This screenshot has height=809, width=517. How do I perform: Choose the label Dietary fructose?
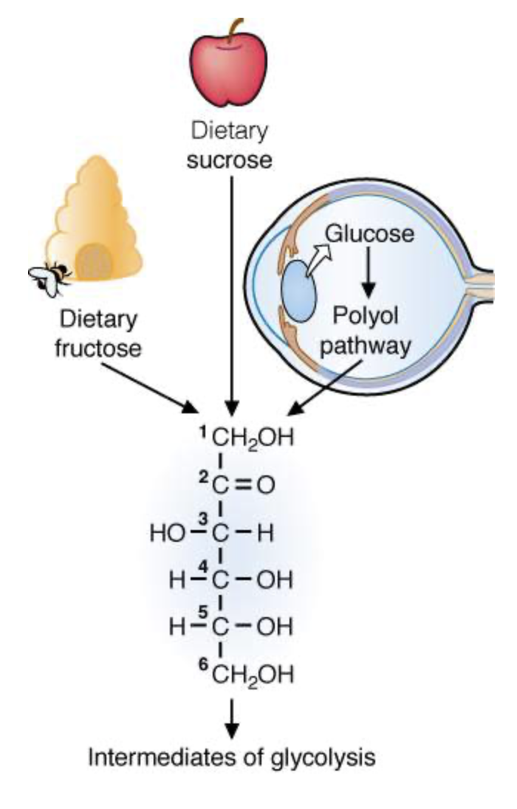pyautogui.click(x=100, y=334)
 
